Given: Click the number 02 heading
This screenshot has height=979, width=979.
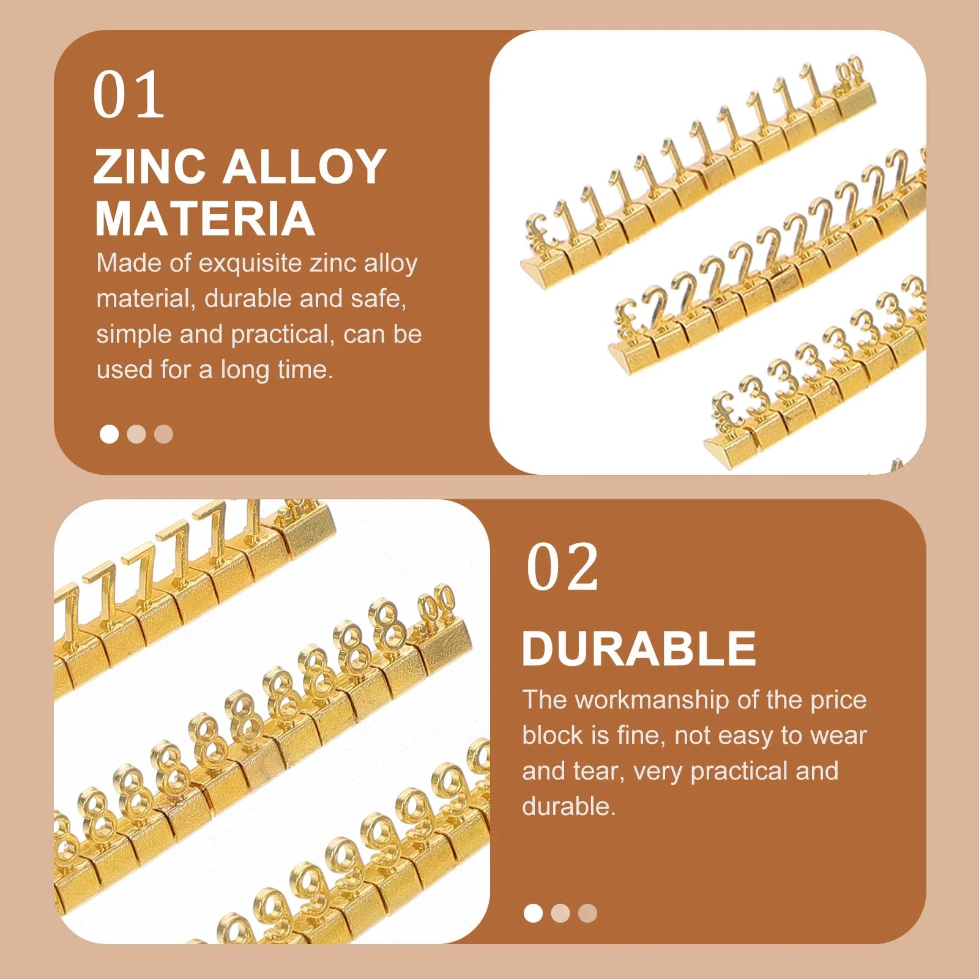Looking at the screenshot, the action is pos(562,567).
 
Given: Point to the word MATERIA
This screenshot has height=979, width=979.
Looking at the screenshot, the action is pos(205,218).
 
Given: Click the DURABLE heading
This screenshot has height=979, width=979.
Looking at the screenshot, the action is pos(639,648).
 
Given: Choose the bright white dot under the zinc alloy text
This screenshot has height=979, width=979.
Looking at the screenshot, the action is pos(109,434).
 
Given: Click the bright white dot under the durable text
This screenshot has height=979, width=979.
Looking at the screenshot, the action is pos(534,914).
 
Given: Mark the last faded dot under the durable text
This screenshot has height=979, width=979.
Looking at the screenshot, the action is pos(587,914).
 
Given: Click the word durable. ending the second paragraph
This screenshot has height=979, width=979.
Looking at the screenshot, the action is pos(568,806).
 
